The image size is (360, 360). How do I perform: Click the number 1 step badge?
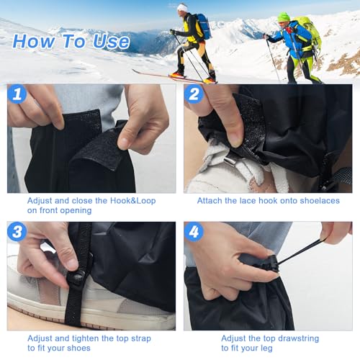coord(18,94)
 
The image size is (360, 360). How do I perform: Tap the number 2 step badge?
coord(194,94)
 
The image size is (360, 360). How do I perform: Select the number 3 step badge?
coord(18,232)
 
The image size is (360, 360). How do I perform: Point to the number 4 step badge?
coord(194,232)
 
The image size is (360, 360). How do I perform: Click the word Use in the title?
coord(111,42)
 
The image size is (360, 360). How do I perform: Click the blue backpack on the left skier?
coord(202,27)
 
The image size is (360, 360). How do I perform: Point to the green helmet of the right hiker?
coord(284,17)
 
